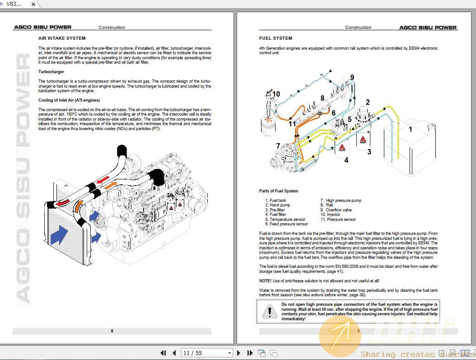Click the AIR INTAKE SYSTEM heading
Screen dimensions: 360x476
click(x=62, y=38)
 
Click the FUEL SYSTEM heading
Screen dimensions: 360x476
click(x=275, y=38)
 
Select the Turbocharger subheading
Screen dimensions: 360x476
click(x=51, y=72)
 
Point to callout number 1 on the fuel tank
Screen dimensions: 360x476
click(x=410, y=129)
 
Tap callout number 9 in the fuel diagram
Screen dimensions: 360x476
click(x=352, y=77)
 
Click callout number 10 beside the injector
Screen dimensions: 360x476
click(x=276, y=94)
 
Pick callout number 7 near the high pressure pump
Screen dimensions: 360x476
click(x=278, y=146)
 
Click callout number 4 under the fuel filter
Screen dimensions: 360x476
click(x=346, y=160)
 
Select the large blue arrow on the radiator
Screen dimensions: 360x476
click(x=59, y=235)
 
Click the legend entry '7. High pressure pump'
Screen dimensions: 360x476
click(x=341, y=201)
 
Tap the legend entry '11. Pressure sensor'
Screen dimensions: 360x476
click(x=338, y=220)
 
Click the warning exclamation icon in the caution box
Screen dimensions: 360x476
click(x=270, y=311)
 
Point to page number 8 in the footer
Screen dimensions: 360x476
click(x=112, y=331)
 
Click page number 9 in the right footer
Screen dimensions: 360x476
click(x=358, y=331)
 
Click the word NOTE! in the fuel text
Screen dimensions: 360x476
click(x=266, y=281)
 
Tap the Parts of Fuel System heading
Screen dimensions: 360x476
click(x=278, y=191)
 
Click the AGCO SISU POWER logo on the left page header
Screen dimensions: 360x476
click(x=42, y=28)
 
